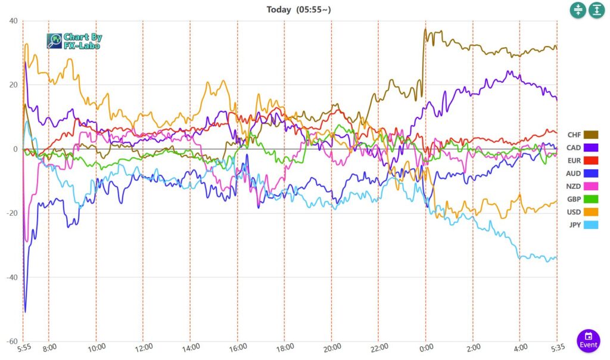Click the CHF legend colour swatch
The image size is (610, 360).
click(591, 135)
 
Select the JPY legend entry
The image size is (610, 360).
click(583, 225)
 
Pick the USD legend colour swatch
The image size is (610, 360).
click(591, 212)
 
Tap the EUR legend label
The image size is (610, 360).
click(574, 161)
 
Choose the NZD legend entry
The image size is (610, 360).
click(583, 187)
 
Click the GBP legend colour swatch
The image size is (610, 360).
click(591, 199)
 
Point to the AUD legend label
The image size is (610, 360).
click(574, 173)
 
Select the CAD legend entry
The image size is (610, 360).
click(583, 148)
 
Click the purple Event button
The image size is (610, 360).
click(589, 340)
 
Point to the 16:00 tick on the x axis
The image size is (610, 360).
click(238, 347)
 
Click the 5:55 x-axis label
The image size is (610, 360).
click(23, 347)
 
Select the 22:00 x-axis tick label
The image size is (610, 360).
click(379, 347)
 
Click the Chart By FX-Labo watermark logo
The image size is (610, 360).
click(74, 41)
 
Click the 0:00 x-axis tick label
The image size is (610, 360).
click(425, 347)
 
